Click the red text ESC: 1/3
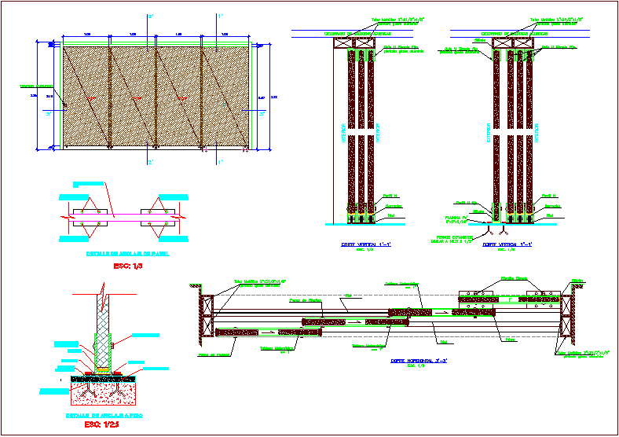127,266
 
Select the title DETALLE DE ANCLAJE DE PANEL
127,254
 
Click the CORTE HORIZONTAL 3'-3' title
419,361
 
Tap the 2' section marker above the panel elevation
151,17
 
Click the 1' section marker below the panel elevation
221,162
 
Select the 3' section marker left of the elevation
49,113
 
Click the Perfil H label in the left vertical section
390,195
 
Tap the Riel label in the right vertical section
550,214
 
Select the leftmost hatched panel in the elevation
86,97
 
